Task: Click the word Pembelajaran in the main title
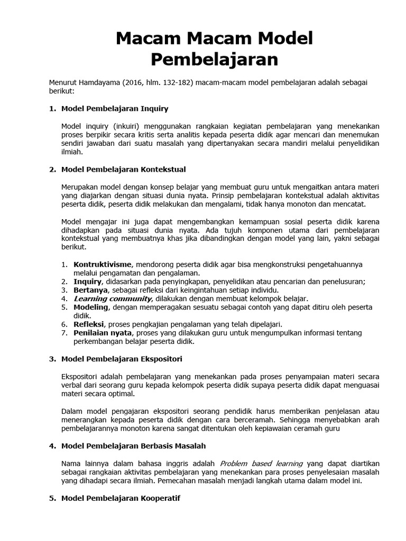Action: pos(214,59)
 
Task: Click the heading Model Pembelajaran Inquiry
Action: pos(115,109)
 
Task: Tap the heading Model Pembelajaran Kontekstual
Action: pos(123,170)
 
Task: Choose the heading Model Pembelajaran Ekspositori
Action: pos(122,359)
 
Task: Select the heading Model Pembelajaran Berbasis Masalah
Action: pos(134,446)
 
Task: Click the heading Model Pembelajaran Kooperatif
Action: pos(121,498)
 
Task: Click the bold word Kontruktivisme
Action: pos(101,264)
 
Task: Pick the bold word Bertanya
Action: pos(90,290)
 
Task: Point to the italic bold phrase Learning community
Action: pos(108,299)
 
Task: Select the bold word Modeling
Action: pos(91,307)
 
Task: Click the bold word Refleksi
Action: pos(89,324)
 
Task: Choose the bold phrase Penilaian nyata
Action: pos(103,333)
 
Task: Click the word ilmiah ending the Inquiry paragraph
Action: pos(72,152)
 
